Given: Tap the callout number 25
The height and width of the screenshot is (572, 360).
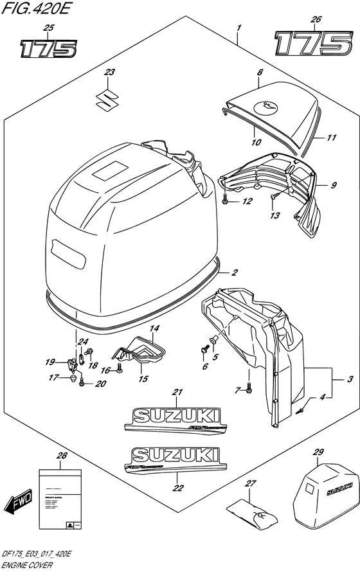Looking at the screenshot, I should pos(47,28).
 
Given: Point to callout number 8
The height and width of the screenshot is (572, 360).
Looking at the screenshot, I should pos(259,75).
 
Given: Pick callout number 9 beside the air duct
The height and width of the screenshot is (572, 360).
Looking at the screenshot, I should pos(334,186).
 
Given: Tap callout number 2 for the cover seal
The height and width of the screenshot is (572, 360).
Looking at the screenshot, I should pos(235,273).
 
